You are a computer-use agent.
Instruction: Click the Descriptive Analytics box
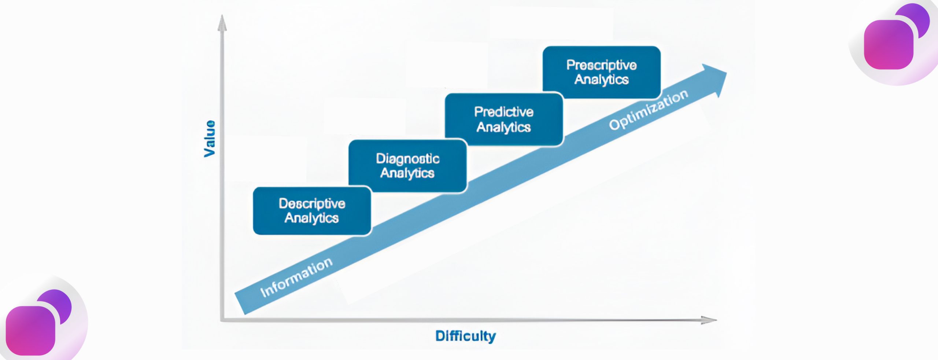(312, 211)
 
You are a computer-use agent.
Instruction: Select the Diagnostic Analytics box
(407, 166)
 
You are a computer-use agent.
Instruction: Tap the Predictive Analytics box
(504, 120)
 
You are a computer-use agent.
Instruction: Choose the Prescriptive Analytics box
(601, 72)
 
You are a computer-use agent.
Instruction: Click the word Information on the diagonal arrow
(296, 277)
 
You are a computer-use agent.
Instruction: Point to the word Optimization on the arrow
(648, 110)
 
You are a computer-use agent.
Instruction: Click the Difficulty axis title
(465, 336)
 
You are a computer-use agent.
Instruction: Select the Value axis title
(210, 139)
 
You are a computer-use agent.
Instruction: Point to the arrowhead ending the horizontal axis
(709, 320)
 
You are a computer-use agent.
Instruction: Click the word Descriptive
(312, 203)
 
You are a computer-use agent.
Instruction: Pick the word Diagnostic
(407, 159)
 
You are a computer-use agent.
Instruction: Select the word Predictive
(504, 112)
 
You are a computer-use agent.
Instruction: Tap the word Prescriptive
(601, 65)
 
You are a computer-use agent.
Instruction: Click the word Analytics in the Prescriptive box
(601, 80)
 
